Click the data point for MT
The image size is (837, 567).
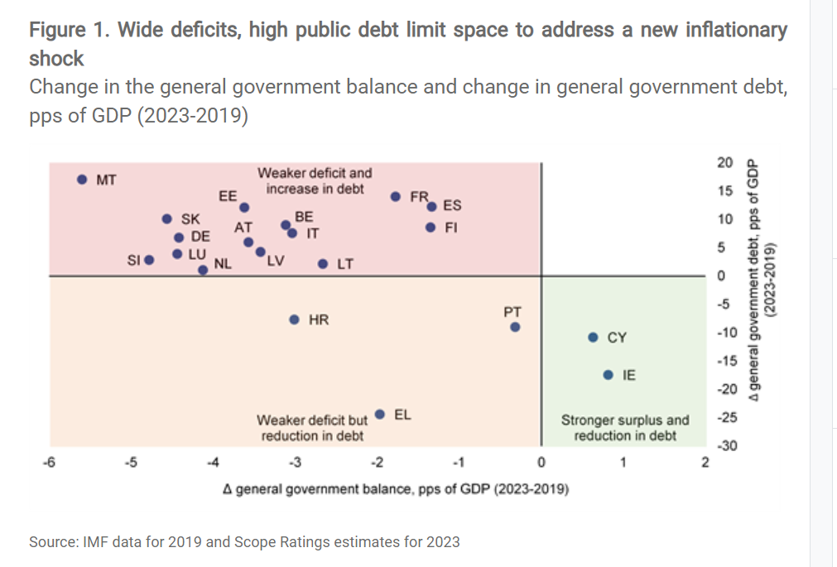(82, 179)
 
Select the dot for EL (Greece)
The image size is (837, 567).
(380, 414)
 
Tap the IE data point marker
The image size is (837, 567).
(608, 375)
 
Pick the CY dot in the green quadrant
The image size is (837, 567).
(593, 337)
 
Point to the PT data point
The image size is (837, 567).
(515, 327)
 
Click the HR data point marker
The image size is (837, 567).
(294, 320)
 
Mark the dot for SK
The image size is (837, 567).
(166, 219)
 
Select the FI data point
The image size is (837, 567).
(431, 228)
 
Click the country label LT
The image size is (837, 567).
(345, 265)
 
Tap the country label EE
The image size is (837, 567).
(228, 196)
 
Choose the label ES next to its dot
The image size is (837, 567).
(453, 205)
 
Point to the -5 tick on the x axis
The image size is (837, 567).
(130, 462)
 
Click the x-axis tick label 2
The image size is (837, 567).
(705, 462)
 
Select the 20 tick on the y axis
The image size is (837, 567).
(724, 162)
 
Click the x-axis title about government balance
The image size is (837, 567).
(396, 489)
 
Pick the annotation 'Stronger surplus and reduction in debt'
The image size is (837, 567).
(624, 428)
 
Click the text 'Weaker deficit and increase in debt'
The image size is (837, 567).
(315, 180)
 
